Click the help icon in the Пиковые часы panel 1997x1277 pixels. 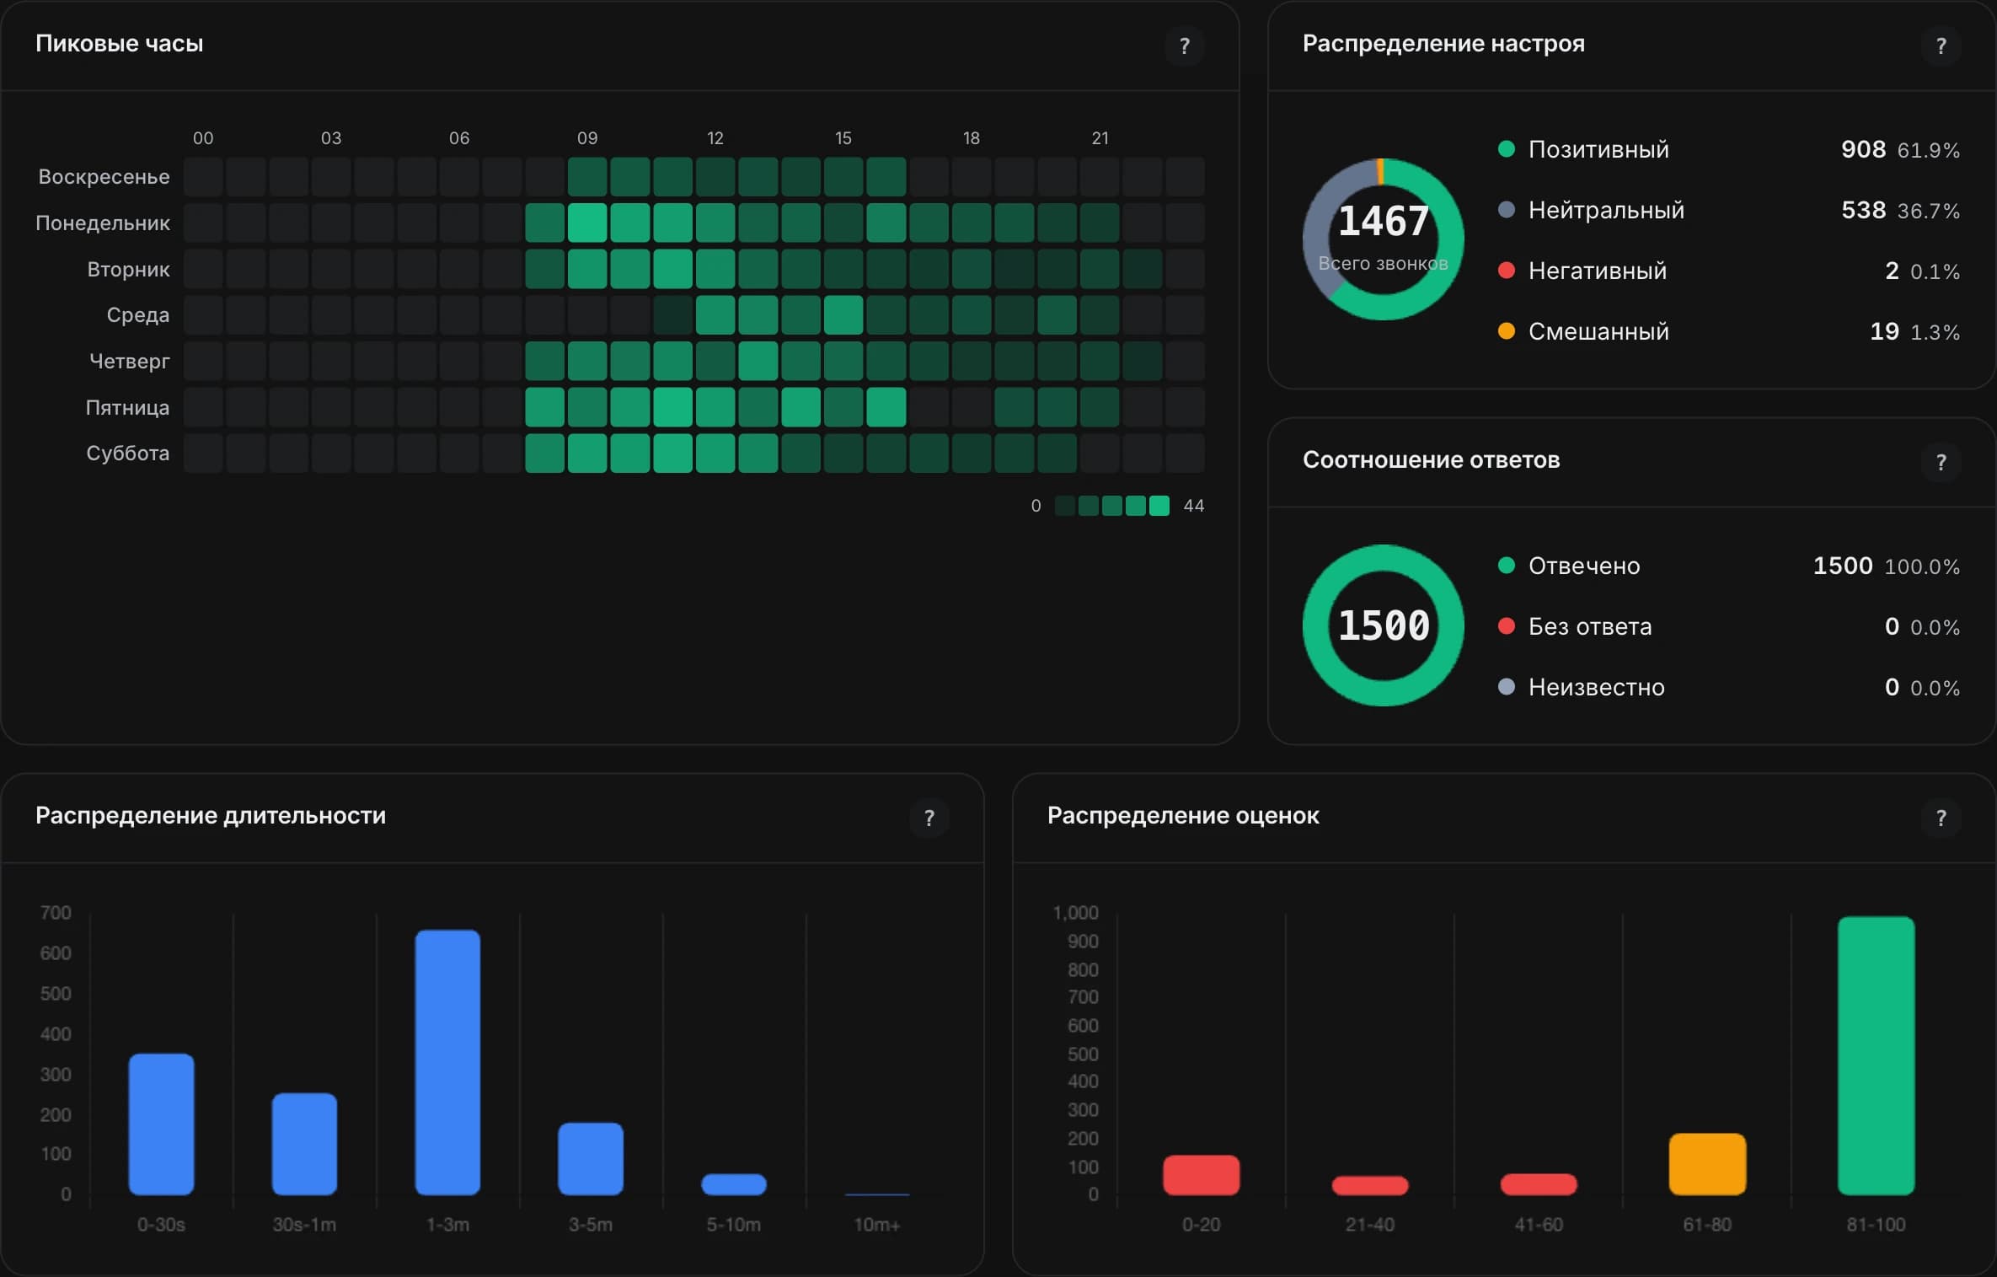tap(1184, 46)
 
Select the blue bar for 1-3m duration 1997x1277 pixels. tap(447, 1062)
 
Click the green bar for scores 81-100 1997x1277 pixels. tap(1876, 1055)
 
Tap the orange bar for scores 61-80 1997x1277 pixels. tap(1707, 1164)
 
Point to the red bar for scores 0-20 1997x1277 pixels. tap(1201, 1175)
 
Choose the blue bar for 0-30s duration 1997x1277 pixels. tap(161, 1124)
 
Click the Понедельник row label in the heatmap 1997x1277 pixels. tap(103, 223)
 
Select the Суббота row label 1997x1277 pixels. tap(128, 453)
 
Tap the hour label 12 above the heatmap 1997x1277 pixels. tap(715, 138)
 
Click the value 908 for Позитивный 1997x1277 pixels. tap(1863, 149)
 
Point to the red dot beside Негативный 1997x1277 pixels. tap(1507, 271)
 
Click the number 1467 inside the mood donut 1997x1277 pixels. tap(1384, 222)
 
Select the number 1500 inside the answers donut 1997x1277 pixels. tap(1384, 625)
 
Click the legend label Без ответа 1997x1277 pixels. tap(1590, 626)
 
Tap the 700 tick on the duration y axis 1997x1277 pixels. tap(56, 913)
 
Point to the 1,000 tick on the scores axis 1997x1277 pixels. tap(1076, 913)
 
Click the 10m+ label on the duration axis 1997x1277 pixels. tap(877, 1225)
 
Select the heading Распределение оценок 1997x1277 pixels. tap(1183, 815)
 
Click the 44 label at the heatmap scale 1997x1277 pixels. tap(1194, 506)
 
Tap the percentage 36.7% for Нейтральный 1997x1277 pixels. tap(1929, 211)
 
